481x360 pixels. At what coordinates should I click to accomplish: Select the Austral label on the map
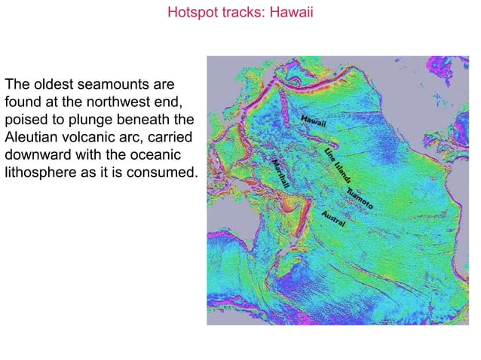(334, 218)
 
